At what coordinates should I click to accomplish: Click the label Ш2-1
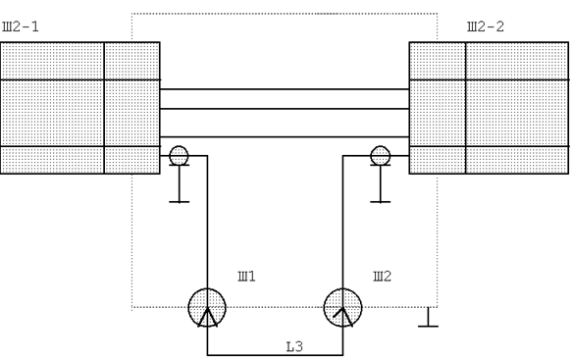[x=21, y=26]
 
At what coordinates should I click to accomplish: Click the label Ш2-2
[x=486, y=26]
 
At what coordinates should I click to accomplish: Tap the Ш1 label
[x=246, y=277]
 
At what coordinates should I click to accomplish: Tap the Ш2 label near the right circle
[x=383, y=277]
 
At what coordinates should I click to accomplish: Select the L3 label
[x=294, y=346]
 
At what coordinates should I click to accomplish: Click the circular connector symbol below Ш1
[x=207, y=308]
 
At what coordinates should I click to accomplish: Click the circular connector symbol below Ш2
[x=342, y=308]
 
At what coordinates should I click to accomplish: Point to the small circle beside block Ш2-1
[x=179, y=155]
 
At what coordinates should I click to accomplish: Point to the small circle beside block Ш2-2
[x=380, y=155]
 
